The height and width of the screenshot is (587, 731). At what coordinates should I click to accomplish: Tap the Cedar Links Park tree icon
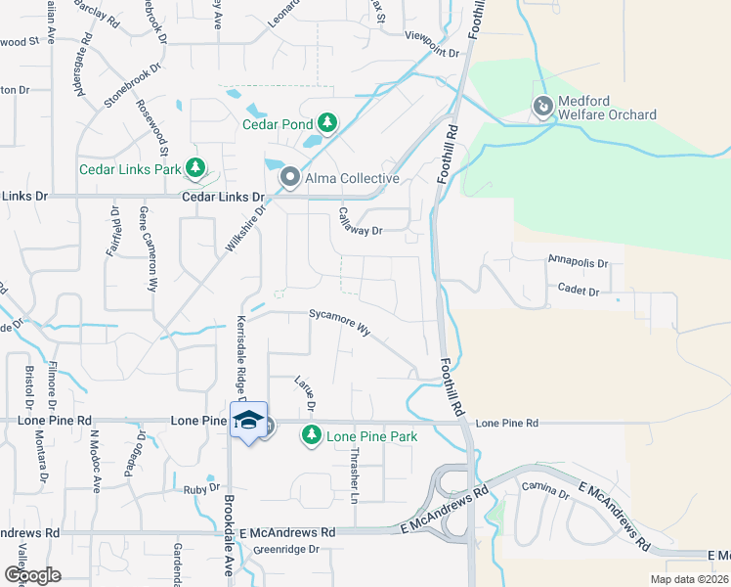[x=196, y=168]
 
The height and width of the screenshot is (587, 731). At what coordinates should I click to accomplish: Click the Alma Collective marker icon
[x=289, y=178]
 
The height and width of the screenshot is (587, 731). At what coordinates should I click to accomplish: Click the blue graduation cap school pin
[x=248, y=421]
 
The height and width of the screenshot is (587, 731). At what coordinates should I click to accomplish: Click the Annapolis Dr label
[x=578, y=262]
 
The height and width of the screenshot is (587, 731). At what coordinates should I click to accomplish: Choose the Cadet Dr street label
[x=579, y=292]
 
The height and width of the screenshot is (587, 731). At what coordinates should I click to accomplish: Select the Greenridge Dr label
[x=286, y=550]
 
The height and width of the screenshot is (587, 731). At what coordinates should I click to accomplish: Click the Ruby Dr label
[x=201, y=488]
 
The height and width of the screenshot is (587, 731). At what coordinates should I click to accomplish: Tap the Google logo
[x=32, y=575]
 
